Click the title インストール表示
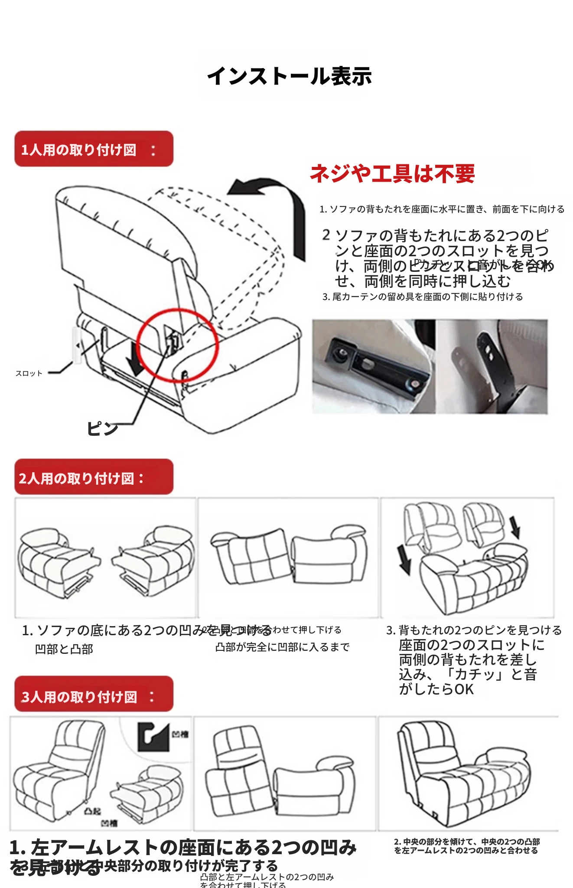coord(290,76)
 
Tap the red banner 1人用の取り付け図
coord(94,149)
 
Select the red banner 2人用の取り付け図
coord(94,477)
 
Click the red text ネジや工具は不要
coord(392,173)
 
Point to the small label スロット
coord(29,373)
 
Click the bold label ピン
coord(102,428)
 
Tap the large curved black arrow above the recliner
coord(277,204)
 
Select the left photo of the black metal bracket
coord(373,366)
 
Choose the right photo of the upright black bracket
coord(492,366)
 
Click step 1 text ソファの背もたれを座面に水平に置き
coord(442,209)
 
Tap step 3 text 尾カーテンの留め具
coord(423,297)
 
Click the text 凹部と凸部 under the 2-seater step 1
coord(64,649)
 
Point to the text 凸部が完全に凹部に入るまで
coord(282,647)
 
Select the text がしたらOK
coord(436,689)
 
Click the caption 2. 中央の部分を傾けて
coord(466,846)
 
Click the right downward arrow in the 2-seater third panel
coord(515,527)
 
